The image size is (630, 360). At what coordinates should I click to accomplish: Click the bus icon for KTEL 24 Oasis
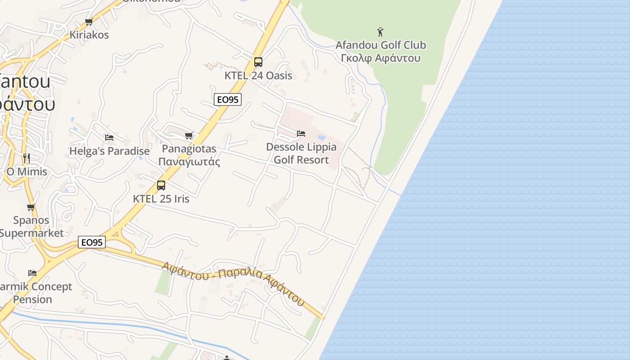[258, 62]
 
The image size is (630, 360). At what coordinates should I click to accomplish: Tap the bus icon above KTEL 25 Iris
[161, 185]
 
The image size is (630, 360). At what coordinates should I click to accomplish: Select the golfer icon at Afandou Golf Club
[380, 32]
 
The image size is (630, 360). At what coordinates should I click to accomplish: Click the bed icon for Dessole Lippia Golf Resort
[301, 133]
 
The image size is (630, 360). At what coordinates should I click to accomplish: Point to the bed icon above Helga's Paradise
[109, 137]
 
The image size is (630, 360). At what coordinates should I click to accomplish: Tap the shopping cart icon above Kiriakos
[89, 22]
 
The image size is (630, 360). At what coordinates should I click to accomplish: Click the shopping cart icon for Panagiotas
[189, 135]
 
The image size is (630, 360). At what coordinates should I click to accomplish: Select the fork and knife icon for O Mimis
[27, 158]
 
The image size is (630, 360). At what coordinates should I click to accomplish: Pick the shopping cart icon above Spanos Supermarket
[31, 207]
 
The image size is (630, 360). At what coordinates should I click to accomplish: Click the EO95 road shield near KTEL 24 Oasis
[228, 99]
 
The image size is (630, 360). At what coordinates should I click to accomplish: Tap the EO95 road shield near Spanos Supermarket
[92, 242]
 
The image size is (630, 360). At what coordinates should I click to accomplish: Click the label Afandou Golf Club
[381, 45]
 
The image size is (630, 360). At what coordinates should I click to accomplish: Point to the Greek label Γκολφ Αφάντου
[381, 58]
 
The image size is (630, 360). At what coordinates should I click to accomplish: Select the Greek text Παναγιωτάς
[189, 162]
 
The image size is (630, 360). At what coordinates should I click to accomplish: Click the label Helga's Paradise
[109, 151]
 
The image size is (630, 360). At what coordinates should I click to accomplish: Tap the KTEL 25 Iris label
[161, 198]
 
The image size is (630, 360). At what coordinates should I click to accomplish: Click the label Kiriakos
[89, 35]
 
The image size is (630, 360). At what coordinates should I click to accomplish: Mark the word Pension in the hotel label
[32, 299]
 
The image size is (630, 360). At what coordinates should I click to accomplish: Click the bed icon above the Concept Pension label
[32, 273]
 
